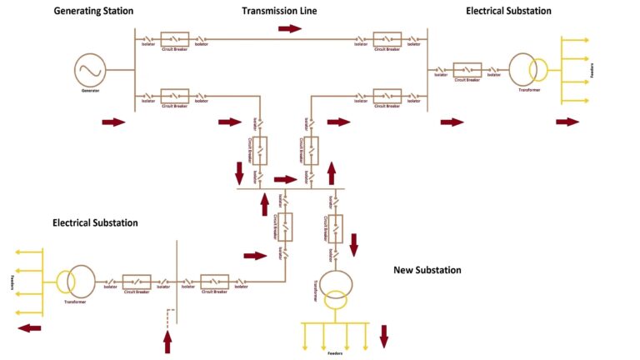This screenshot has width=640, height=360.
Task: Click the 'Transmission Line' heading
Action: pyautogui.click(x=279, y=11)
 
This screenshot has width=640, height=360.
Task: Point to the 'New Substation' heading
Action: pyautogui.click(x=427, y=270)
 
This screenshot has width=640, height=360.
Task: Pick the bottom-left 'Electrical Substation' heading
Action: pyautogui.click(x=95, y=222)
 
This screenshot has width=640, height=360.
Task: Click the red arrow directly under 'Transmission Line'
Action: pyautogui.click(x=290, y=28)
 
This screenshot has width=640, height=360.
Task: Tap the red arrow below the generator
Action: pyautogui.click(x=112, y=122)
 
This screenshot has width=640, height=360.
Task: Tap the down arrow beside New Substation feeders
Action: pyautogui.click(x=384, y=336)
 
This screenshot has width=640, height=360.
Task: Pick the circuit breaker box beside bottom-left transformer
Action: pyautogui.click(x=137, y=281)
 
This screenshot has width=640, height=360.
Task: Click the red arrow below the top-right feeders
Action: pyautogui.click(x=567, y=122)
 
